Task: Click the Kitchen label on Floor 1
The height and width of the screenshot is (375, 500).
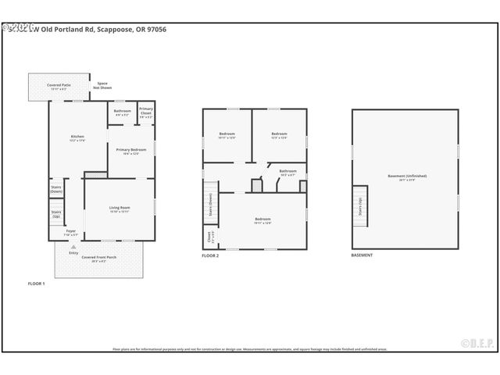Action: tap(77, 138)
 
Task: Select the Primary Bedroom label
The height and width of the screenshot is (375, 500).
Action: tap(131, 151)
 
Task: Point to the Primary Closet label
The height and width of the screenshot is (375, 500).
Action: tap(146, 111)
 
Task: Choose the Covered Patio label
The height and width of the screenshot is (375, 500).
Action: tap(59, 86)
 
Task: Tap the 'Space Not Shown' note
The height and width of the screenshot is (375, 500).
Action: tap(102, 85)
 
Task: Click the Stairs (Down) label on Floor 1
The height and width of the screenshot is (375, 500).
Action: tap(56, 189)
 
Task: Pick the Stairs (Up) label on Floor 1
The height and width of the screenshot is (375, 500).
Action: tap(56, 213)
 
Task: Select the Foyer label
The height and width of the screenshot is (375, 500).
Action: tap(71, 233)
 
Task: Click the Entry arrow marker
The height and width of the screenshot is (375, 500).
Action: tap(73, 247)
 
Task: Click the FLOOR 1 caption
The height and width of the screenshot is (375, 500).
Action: tap(36, 284)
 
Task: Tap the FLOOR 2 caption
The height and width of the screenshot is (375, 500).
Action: tap(210, 255)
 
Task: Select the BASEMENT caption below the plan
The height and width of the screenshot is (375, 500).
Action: tap(362, 255)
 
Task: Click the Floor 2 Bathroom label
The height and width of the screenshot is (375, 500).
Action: tap(287, 172)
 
